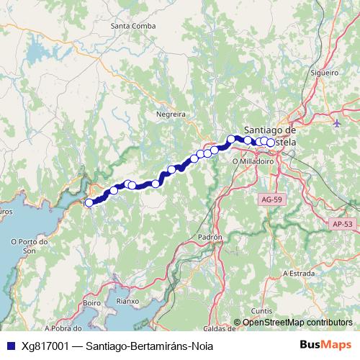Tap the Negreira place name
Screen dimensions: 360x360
(171, 114)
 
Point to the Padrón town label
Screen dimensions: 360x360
(210, 236)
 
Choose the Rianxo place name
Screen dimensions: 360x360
(137, 302)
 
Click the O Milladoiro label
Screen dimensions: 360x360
(251, 162)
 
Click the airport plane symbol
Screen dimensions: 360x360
(338, 122)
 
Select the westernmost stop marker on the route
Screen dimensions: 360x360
(89, 203)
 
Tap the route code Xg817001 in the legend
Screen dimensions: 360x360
(44, 345)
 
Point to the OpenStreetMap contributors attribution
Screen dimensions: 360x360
(297, 323)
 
